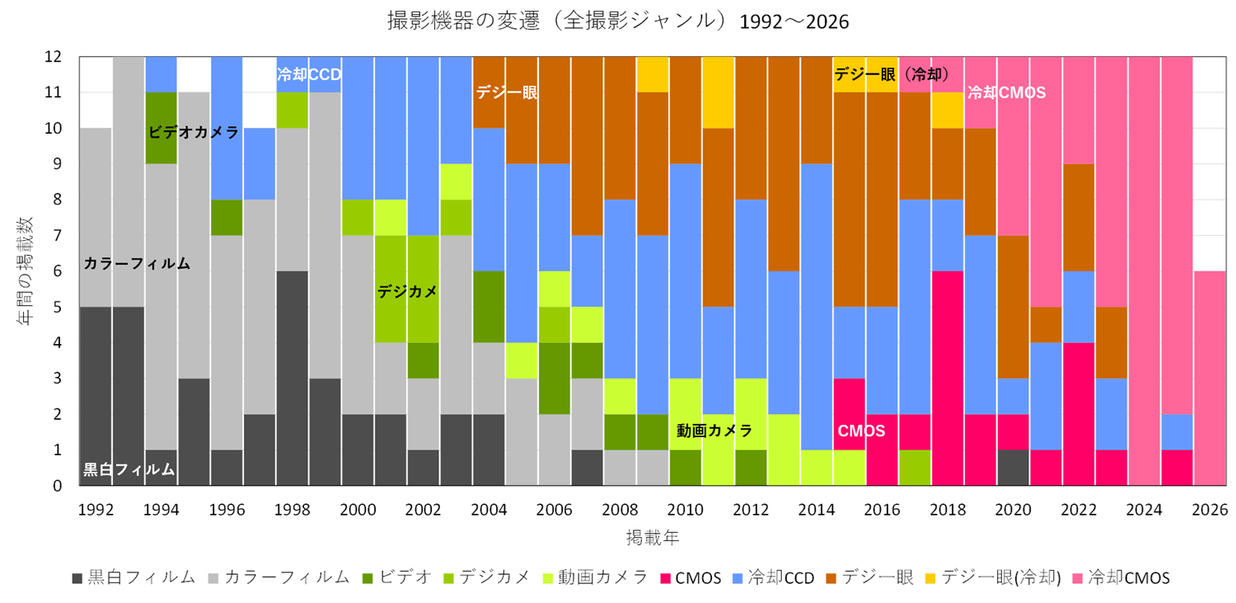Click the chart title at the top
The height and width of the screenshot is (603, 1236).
tap(618, 21)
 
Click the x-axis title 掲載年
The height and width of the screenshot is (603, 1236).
tap(653, 537)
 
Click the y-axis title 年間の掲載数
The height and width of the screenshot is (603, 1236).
tap(24, 271)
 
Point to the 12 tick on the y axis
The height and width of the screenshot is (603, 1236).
tap(53, 56)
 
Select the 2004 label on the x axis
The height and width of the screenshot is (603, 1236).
tap(489, 509)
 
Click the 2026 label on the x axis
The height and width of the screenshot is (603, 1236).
tap(1210, 509)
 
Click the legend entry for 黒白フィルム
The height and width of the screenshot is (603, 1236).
tap(134, 577)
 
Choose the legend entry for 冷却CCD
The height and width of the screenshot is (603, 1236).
tap(773, 577)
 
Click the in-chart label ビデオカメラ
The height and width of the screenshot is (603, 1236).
tap(194, 133)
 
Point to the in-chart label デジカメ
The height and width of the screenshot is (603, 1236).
tap(407, 291)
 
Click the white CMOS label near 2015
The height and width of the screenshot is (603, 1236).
tap(861, 431)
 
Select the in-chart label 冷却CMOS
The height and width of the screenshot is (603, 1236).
tap(1006, 92)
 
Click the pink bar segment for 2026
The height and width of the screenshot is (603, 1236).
tap(1210, 379)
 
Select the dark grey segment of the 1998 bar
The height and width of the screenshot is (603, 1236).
tap(292, 379)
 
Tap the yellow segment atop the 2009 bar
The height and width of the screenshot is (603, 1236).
tap(653, 74)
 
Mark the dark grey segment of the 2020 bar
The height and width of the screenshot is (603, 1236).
tap(1013, 468)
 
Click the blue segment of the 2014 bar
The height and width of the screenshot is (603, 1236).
tap(817, 307)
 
